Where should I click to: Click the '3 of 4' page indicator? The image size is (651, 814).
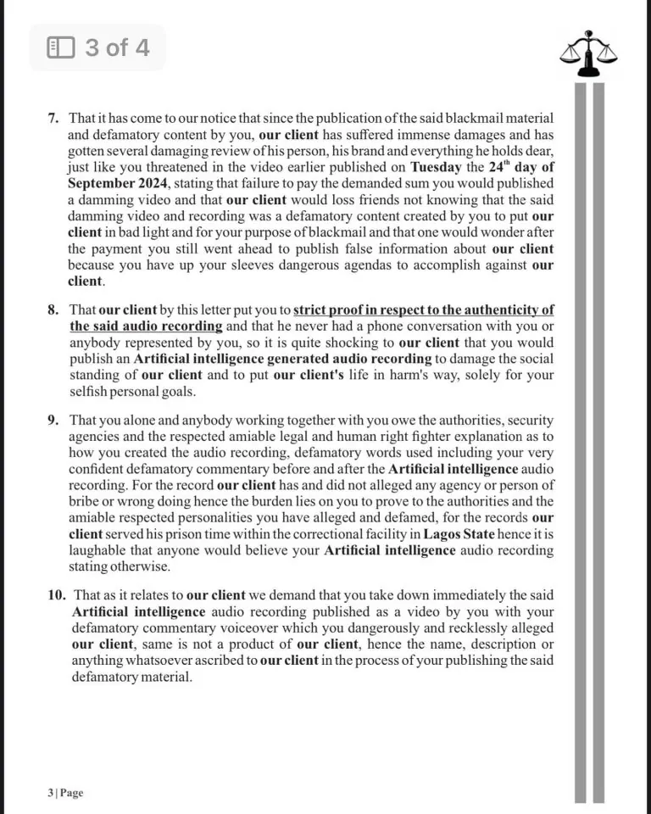tap(97, 47)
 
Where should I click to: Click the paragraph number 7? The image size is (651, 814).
tap(53, 118)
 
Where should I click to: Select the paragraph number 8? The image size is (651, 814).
tap(53, 310)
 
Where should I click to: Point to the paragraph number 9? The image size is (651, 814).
tap(53, 421)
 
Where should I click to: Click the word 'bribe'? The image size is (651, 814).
tap(86, 502)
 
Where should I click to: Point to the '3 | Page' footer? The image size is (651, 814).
tap(65, 793)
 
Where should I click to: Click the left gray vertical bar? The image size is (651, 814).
tap(581, 441)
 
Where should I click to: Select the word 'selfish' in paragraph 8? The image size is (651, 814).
tap(91, 392)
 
